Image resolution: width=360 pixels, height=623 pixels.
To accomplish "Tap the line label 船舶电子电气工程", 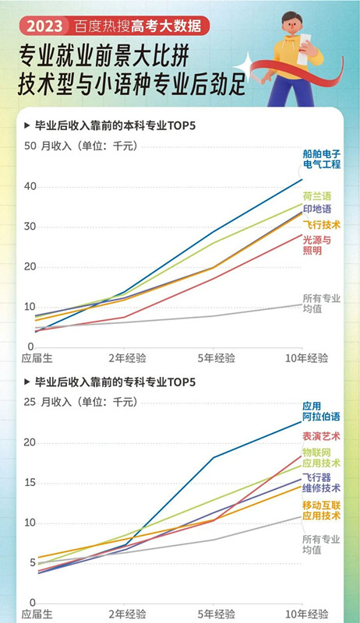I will [322, 160].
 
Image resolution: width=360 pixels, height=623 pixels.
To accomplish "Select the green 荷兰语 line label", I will [317, 196].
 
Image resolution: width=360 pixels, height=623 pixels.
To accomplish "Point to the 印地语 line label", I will [317, 209].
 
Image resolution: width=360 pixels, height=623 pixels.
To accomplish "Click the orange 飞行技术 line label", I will [322, 224].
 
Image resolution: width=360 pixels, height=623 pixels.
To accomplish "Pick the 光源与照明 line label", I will [317, 245].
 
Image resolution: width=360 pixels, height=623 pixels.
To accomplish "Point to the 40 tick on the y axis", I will [29, 186].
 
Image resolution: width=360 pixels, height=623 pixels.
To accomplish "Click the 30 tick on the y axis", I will [29, 227].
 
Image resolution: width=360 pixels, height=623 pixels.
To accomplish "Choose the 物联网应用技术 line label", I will [322, 457].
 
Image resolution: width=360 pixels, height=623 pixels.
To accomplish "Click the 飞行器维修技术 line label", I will [322, 483].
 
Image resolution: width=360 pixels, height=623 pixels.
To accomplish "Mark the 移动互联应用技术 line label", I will [322, 510].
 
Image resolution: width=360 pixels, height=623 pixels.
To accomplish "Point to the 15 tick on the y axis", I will [29, 483].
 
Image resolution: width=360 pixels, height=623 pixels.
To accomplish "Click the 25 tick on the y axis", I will [29, 402].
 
